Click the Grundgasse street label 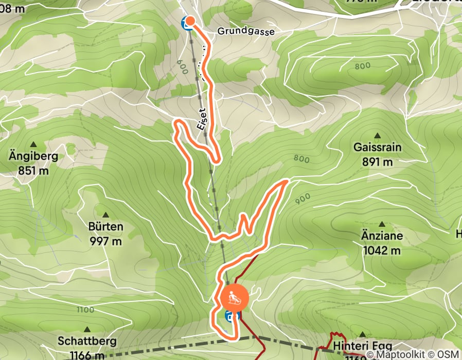point(246,31)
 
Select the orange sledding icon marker point(234,298)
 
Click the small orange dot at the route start point(190,21)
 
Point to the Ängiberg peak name point(34,156)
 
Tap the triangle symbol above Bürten point(106,215)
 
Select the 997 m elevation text point(105,240)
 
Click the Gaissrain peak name point(377,148)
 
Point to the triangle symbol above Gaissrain point(377,136)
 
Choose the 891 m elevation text point(377,161)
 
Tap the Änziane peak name point(382,237)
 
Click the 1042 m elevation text point(382,250)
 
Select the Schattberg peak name point(87,341)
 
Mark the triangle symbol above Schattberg point(87,329)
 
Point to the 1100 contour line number point(85,310)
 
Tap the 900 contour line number point(302,196)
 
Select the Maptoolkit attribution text point(397,354)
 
